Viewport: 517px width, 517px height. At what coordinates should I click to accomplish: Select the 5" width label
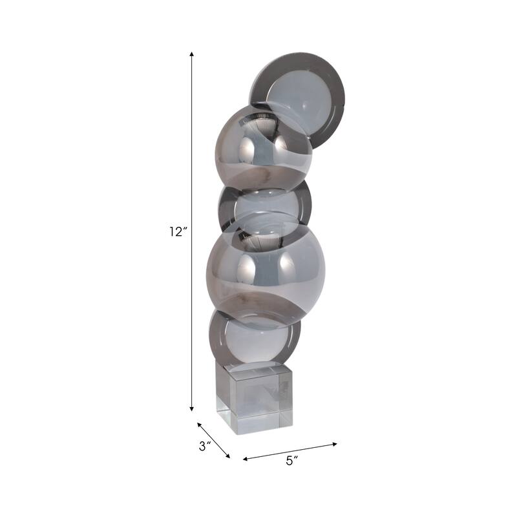click(292, 460)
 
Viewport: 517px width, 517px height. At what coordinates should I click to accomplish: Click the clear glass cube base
click(255, 394)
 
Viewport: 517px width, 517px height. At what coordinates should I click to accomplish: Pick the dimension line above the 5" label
click(291, 452)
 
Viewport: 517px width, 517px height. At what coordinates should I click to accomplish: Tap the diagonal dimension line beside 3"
click(214, 440)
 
